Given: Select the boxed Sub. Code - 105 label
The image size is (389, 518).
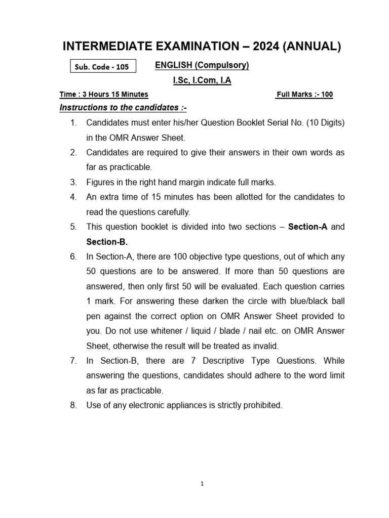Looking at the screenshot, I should [x=103, y=67].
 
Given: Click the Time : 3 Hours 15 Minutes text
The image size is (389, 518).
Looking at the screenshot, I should [x=104, y=95].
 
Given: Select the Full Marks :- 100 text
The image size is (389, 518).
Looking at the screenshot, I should [x=304, y=95].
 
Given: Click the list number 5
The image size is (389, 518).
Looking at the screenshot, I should [x=73, y=227].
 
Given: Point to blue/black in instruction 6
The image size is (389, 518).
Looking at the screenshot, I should [x=305, y=301].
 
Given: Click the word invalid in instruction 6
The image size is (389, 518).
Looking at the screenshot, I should [x=265, y=346].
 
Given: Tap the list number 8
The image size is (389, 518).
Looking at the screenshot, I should [x=73, y=406].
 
